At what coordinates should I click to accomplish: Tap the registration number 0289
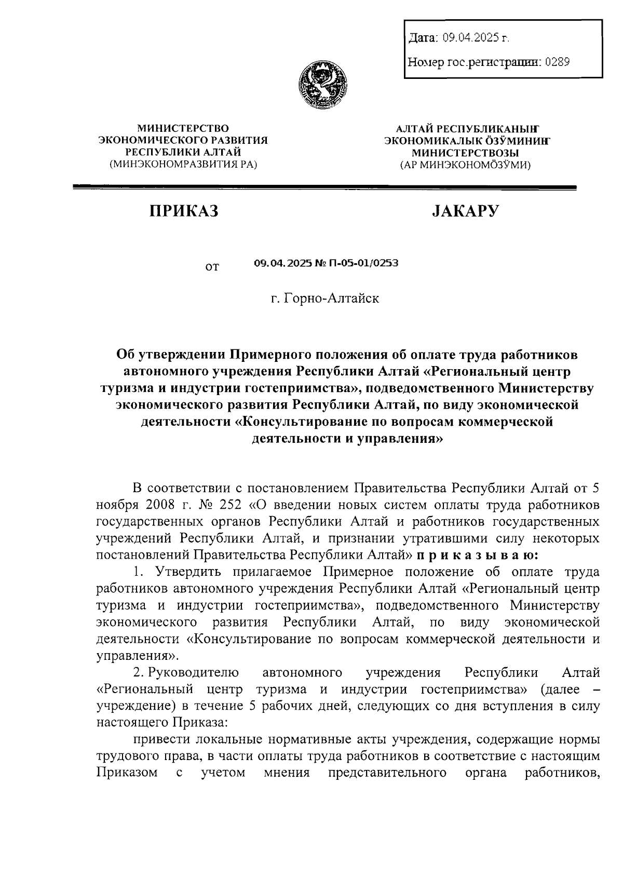[x=557, y=63]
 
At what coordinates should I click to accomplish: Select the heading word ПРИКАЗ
[x=184, y=211]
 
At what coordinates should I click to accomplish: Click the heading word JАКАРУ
[x=465, y=211]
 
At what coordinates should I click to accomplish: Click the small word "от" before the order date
[x=212, y=267]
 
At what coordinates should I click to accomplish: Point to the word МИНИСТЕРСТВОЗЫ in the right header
[x=465, y=153]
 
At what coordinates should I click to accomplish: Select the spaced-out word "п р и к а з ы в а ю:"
[x=478, y=554]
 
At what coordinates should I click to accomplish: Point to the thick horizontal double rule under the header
[x=324, y=187]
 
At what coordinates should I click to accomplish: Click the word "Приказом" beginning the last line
[x=127, y=773]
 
